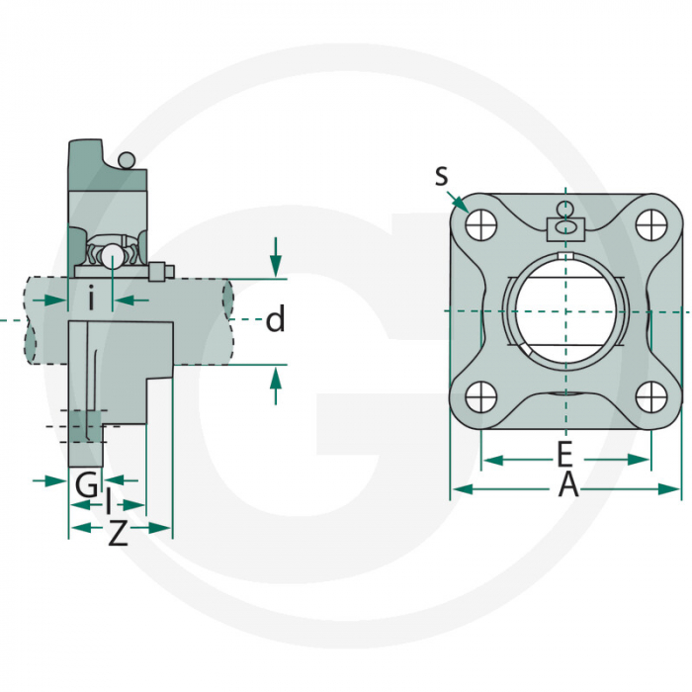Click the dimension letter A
point(566,485)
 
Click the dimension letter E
point(564,455)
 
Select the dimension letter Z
point(118,535)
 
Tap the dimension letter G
point(87,485)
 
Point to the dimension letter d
point(276,319)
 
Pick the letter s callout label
point(441,175)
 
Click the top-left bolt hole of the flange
point(481,224)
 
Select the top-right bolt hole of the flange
point(649,224)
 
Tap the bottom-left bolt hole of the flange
point(481,397)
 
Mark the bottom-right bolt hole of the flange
point(649,397)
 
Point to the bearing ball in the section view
point(112,256)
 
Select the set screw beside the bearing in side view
point(161,271)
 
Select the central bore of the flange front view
point(564,310)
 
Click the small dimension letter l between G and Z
point(109,505)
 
